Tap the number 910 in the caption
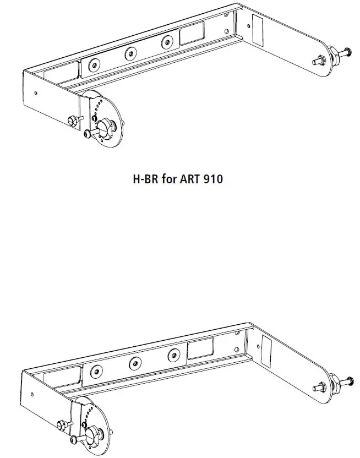(212, 179)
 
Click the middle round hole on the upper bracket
(130, 53)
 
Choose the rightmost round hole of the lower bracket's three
(173, 355)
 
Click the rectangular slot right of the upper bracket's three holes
(192, 35)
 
